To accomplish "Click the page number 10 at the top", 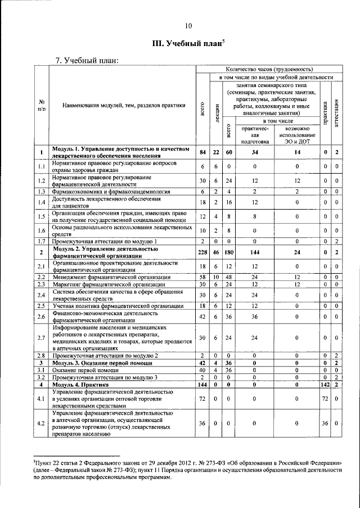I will click(188, 25).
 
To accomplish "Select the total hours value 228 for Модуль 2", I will click(202, 253).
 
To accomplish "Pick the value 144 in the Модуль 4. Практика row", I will click(202, 384).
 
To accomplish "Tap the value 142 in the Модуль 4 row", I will click(325, 384).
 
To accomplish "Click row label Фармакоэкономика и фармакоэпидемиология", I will click(110, 192).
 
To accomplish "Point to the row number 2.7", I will click(42, 338).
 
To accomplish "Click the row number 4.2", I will click(42, 423).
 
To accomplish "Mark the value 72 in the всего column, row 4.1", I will click(202, 398).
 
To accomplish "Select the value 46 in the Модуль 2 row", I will click(216, 253).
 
